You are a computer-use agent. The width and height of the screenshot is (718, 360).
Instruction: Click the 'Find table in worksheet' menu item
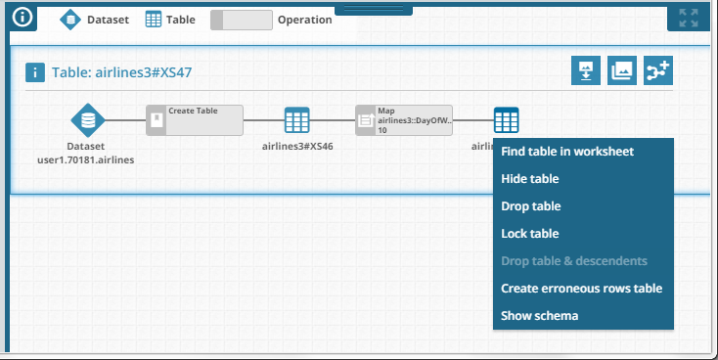(x=567, y=152)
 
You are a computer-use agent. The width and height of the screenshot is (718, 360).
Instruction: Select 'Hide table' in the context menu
(x=530, y=179)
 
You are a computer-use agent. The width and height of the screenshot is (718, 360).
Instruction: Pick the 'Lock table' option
(x=530, y=234)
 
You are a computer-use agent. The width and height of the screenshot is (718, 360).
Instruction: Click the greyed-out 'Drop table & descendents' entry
(x=573, y=261)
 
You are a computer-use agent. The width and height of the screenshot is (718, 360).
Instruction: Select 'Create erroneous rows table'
(x=581, y=289)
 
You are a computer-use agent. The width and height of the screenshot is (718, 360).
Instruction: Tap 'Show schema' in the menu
(x=540, y=316)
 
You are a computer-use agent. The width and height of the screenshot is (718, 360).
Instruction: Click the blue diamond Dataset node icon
(x=88, y=120)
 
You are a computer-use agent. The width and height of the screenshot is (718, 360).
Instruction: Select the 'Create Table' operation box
(x=195, y=120)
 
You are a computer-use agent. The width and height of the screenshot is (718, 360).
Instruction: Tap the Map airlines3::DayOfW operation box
(x=404, y=120)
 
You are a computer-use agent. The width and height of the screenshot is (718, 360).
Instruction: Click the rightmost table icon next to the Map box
(x=506, y=120)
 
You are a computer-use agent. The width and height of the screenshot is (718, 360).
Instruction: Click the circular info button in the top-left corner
(x=22, y=17)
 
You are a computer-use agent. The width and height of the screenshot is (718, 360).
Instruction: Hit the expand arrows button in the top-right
(x=689, y=18)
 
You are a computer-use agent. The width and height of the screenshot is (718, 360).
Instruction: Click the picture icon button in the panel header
(x=621, y=70)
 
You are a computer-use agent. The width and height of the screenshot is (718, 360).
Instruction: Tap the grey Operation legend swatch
(x=242, y=19)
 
